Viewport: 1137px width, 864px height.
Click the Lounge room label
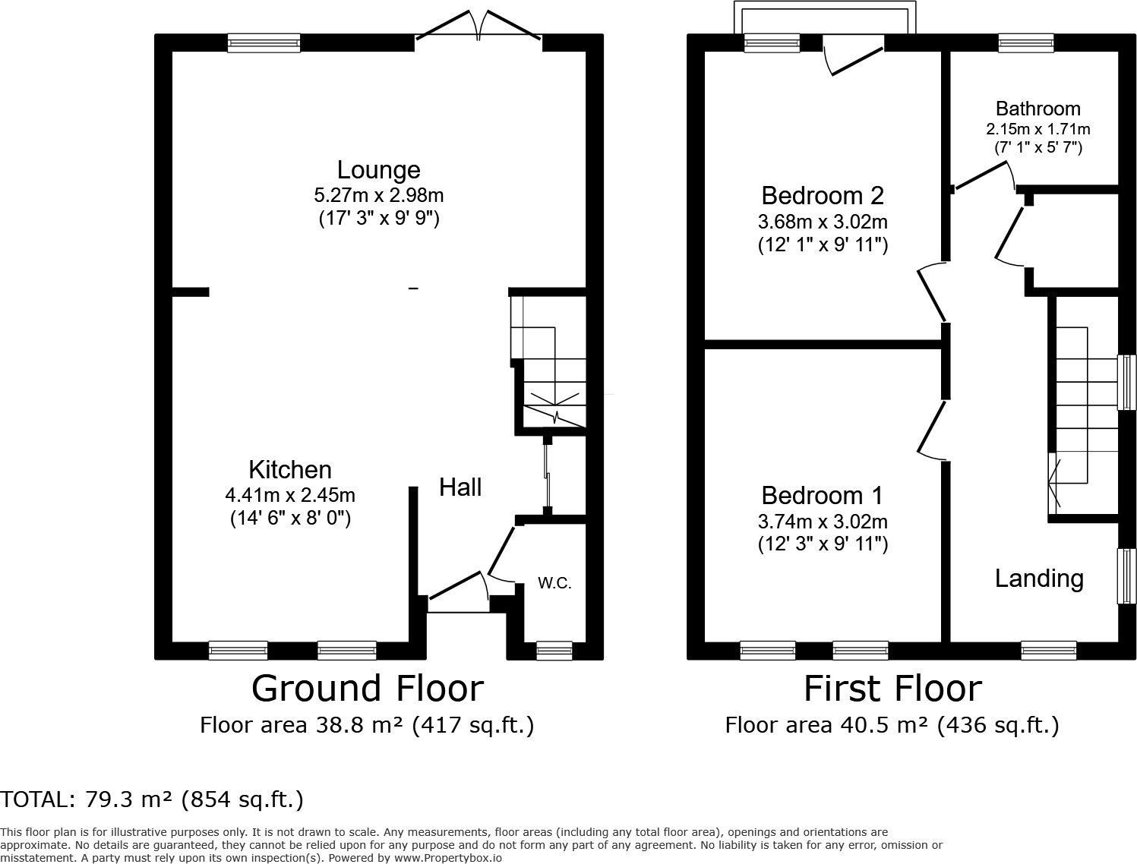379,170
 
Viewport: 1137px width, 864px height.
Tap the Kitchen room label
290,469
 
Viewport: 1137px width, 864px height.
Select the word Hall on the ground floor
460,487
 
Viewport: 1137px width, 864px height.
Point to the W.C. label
554,583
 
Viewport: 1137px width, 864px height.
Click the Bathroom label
1038,109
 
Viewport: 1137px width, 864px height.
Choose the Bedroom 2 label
823,196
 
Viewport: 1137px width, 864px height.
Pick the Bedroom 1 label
822,496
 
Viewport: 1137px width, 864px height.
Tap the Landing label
1039,579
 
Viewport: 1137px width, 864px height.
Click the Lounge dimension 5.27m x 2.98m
379,195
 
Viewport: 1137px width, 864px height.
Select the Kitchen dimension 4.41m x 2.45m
290,496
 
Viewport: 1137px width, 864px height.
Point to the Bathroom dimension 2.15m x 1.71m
1038,129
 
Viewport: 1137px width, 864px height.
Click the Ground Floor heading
368,689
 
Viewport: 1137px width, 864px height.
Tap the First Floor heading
892,689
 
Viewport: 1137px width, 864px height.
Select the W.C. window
554,651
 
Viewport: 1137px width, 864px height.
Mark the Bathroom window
1025,43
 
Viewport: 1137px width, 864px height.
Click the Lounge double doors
478,27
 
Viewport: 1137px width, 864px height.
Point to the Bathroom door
984,176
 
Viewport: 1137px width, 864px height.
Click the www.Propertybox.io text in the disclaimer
448,858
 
